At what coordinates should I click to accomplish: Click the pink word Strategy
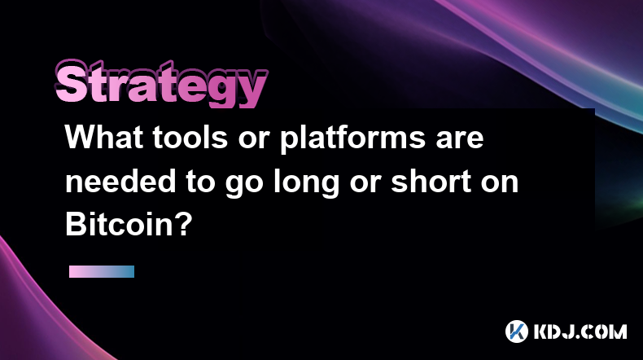(162, 84)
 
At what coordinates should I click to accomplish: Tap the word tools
(190, 138)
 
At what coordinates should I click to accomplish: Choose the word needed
(120, 182)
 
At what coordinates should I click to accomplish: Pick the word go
(243, 185)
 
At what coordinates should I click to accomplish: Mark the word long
(306, 184)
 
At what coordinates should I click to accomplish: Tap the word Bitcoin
(116, 225)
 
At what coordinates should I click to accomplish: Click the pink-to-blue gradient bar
(102, 271)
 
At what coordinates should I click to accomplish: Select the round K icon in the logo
(517, 331)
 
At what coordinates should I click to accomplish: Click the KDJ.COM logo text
(580, 331)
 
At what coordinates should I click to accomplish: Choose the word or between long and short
(365, 185)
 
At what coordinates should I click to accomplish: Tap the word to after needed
(200, 182)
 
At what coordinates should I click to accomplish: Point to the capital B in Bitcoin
(76, 225)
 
